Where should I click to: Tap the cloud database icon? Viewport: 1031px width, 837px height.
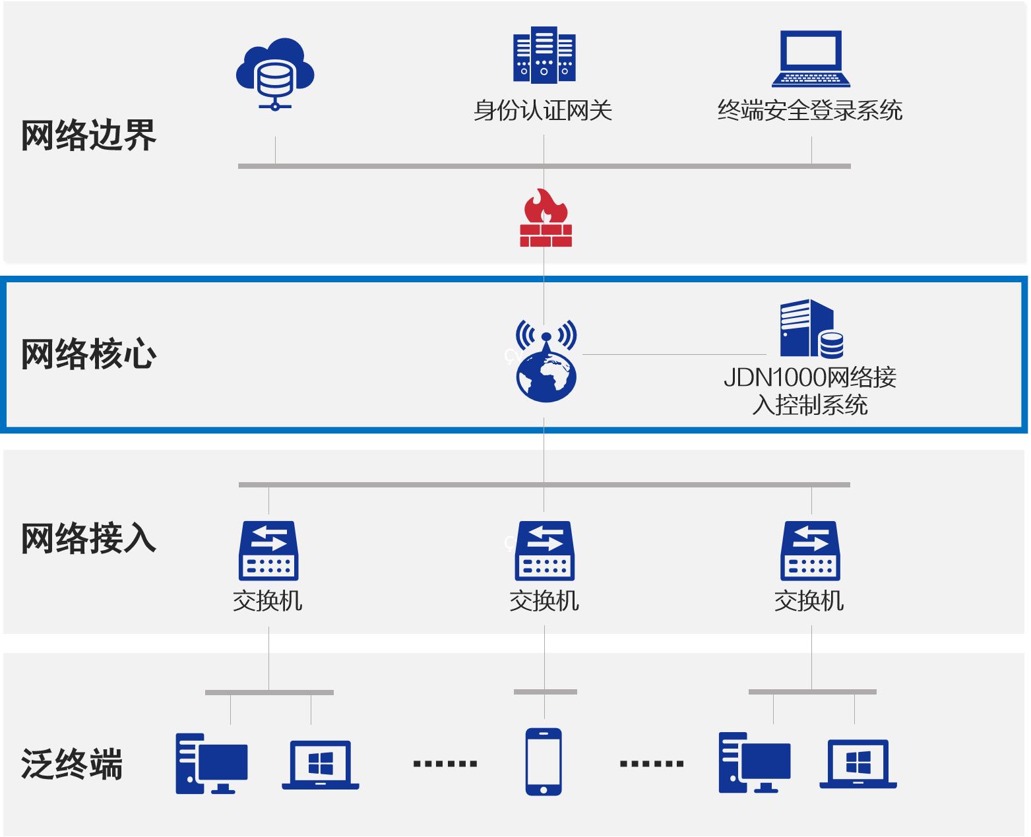(x=275, y=73)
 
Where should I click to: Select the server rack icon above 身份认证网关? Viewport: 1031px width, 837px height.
(x=544, y=55)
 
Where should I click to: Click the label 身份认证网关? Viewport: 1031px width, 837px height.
(x=543, y=110)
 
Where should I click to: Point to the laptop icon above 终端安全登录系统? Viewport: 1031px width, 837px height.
(x=811, y=59)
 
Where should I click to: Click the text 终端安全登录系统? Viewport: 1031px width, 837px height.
(x=810, y=110)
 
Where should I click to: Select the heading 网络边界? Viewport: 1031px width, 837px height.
(x=88, y=135)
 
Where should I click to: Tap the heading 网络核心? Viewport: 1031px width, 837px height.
(x=88, y=354)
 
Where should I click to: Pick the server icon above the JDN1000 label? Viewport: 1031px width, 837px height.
(x=811, y=328)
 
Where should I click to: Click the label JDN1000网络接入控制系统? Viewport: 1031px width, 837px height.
(x=810, y=390)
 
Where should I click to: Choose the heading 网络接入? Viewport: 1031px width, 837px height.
(x=88, y=538)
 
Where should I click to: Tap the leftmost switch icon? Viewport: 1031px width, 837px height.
(x=268, y=551)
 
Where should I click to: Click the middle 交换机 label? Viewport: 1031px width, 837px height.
(x=544, y=601)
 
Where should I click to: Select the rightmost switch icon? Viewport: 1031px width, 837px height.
(x=811, y=551)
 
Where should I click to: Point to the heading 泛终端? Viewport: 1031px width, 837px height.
(x=72, y=764)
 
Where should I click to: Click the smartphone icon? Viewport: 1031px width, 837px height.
(x=544, y=762)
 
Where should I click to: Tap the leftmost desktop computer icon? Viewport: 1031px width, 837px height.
(x=211, y=763)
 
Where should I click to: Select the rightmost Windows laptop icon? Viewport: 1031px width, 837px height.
(x=858, y=764)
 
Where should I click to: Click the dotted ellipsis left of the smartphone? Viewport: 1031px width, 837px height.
(x=445, y=764)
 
